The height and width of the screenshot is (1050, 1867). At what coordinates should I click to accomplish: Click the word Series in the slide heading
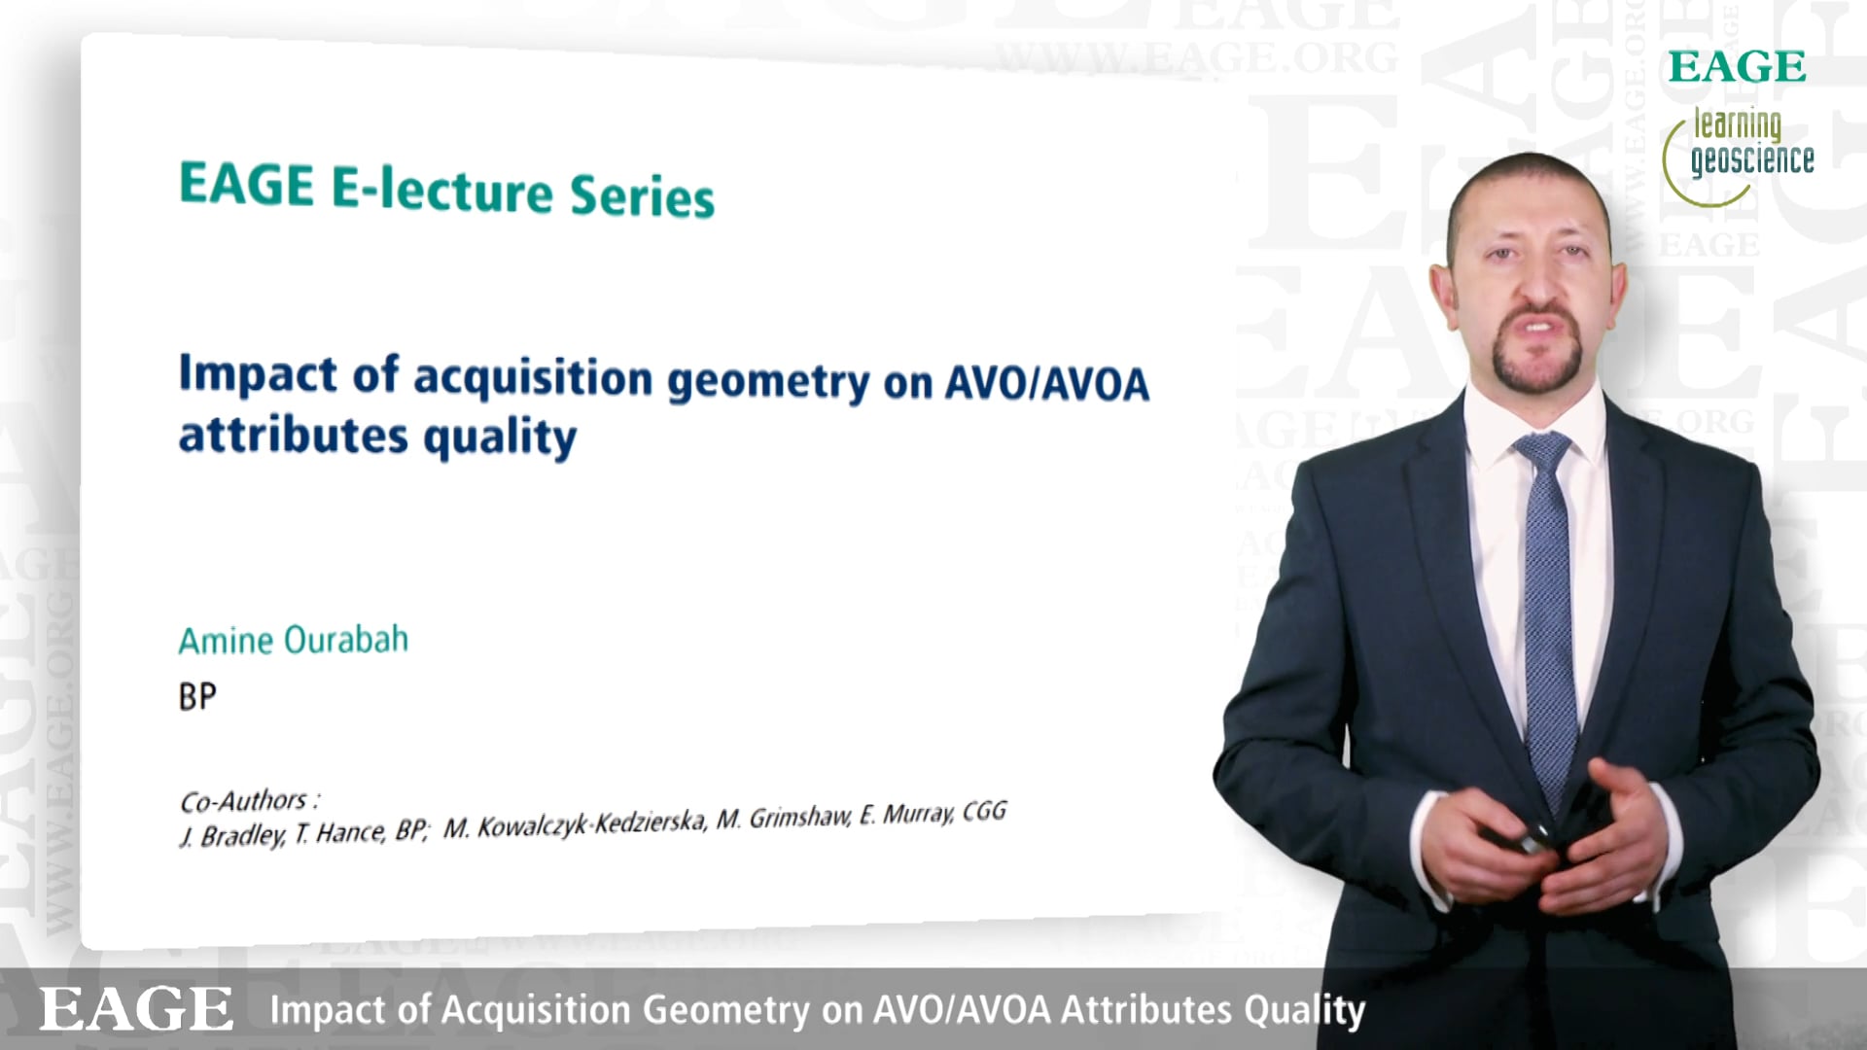click(x=642, y=195)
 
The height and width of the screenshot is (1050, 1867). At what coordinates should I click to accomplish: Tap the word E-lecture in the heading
click(x=442, y=190)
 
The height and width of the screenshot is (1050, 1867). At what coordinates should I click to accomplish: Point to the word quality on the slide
click(x=500, y=438)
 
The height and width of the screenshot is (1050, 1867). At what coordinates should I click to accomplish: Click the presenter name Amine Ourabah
click(x=294, y=640)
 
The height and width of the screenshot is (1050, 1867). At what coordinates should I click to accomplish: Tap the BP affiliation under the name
click(x=197, y=696)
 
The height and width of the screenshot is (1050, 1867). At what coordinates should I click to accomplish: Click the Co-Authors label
click(x=250, y=801)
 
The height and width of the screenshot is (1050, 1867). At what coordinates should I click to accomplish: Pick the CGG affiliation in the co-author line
click(x=984, y=811)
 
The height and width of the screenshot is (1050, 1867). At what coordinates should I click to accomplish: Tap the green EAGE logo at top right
click(x=1738, y=67)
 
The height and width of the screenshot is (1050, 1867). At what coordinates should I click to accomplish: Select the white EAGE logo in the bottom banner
click(x=136, y=1008)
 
